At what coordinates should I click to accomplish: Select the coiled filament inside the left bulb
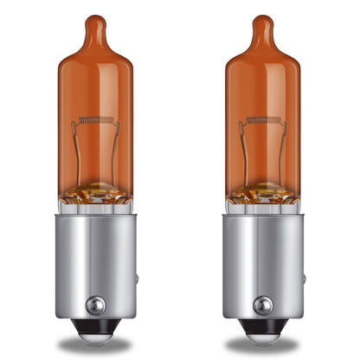pyautogui.click(x=96, y=119)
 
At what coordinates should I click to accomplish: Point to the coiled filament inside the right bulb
pyautogui.click(x=262, y=119)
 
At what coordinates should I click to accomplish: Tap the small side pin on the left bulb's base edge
pyautogui.click(x=137, y=280)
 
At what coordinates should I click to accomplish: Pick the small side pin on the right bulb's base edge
pyautogui.click(x=303, y=280)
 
